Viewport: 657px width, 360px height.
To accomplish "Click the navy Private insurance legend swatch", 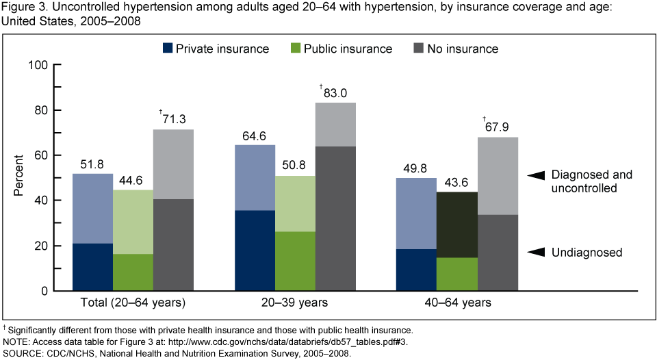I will pos(167,49).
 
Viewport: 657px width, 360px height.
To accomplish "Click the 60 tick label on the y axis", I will pos(40,156).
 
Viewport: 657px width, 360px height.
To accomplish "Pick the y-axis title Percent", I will pos(19,179).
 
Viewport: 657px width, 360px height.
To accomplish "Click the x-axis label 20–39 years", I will pos(296,302).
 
